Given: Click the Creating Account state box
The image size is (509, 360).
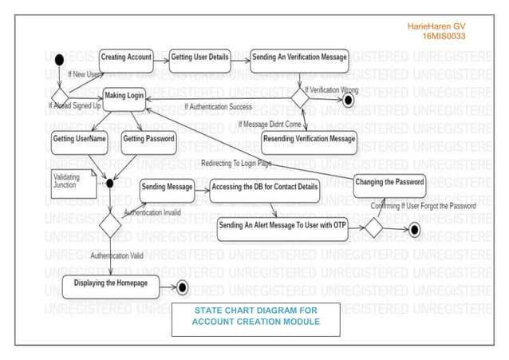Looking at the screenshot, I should coord(126,57).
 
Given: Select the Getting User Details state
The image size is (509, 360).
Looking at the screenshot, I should coord(199,57).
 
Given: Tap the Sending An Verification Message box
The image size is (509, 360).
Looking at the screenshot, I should coord(299,57).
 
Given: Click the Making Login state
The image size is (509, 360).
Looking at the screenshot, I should coord(124,96).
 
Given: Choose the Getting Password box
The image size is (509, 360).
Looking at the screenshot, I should coord(148,139).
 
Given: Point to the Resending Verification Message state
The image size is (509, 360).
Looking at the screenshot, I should coord(309,139).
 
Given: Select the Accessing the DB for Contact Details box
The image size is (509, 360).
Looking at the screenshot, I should coord(265,187).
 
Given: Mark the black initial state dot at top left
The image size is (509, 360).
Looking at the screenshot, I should coord(59,60).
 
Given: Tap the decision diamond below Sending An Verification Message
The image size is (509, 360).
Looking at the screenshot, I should coord(298,97).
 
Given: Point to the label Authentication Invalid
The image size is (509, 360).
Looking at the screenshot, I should coord(152,213).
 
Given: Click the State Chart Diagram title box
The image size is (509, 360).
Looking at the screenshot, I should coord(255,316).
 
